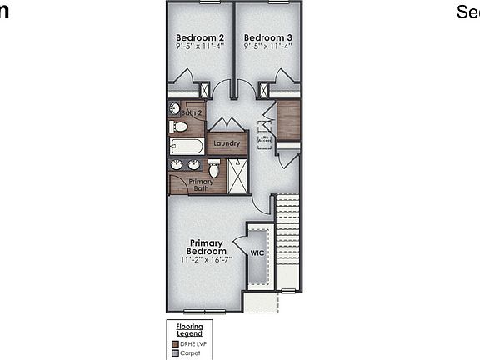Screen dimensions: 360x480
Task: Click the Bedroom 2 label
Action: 200,37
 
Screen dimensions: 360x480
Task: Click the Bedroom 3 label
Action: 268,37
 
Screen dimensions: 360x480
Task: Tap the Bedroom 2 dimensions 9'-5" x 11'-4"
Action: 200,47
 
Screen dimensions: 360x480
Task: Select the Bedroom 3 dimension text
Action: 268,47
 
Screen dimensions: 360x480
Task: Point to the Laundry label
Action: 227,143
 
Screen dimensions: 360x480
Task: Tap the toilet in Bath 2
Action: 178,127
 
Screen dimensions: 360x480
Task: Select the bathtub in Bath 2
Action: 187,147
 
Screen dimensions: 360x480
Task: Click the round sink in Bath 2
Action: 175,107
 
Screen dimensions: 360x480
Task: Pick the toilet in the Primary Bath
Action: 214,168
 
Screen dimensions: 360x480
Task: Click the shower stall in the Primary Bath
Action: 237,175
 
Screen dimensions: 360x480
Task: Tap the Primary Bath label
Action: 201,185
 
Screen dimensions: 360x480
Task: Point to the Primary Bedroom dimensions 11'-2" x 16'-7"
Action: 206,259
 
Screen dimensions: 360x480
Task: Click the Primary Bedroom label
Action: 206,247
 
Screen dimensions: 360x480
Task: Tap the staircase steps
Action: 287,242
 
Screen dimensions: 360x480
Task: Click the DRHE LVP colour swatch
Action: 175,343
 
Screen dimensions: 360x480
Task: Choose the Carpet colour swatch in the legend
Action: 175,352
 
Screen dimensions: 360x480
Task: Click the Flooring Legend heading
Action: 190,330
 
